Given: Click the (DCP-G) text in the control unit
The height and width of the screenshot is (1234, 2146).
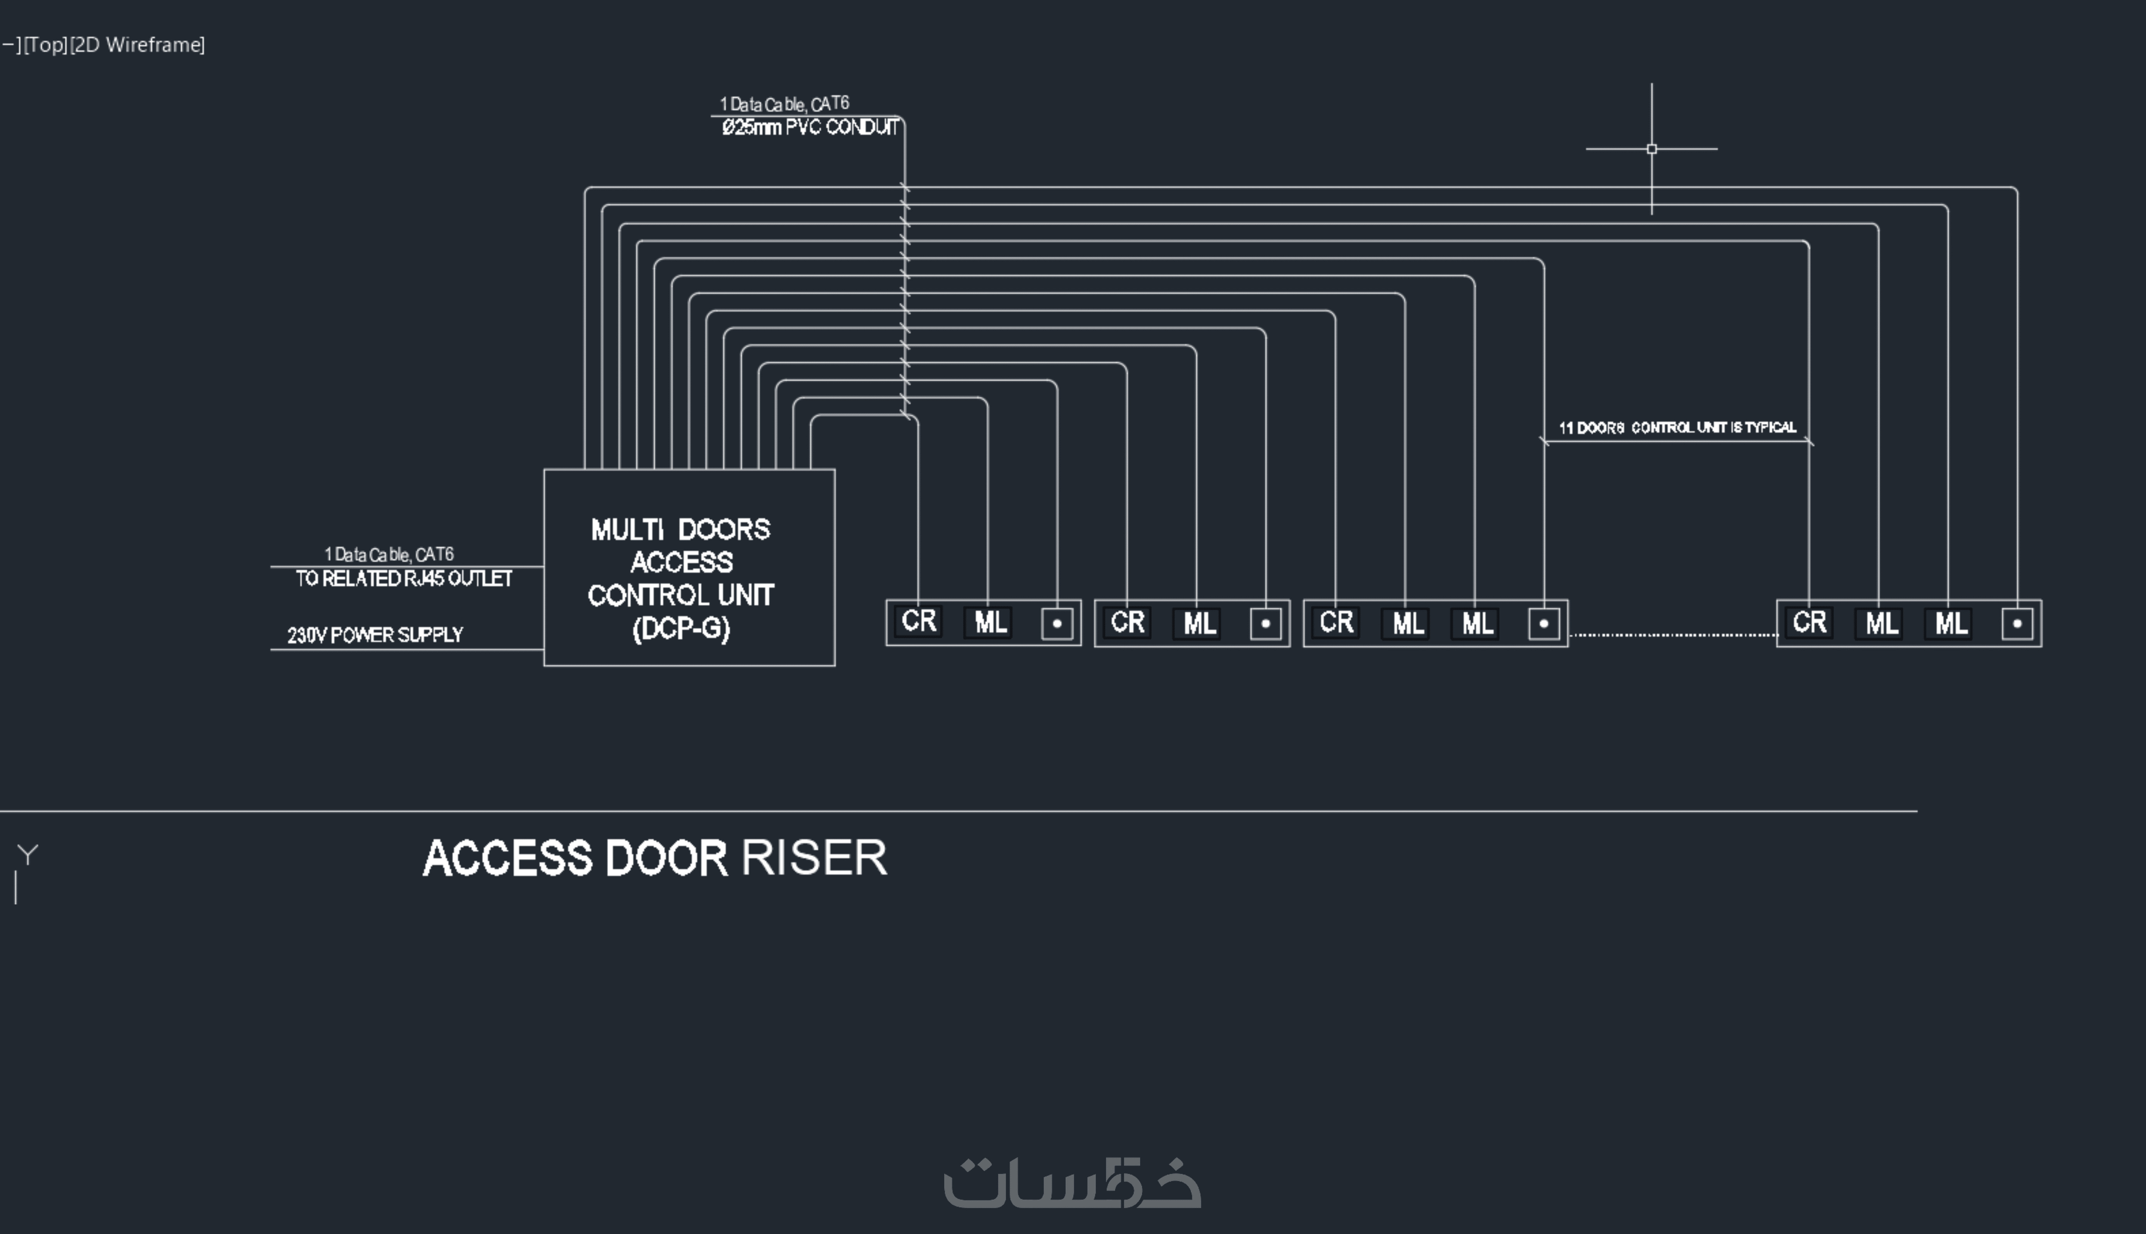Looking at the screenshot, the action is coord(681,628).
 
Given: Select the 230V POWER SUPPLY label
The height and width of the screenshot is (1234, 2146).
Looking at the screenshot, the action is coord(375,635).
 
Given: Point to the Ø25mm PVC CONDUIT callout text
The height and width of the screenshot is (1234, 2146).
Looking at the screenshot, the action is coord(810,127).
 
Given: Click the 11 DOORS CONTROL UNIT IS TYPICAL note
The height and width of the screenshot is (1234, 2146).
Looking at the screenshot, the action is coord(1677,427).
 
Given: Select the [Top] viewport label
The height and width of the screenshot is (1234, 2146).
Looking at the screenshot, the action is coord(46,44).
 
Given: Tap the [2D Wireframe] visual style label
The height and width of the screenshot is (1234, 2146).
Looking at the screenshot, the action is coord(137,44).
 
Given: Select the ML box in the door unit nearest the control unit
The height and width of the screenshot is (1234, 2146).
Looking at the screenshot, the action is coord(990,623).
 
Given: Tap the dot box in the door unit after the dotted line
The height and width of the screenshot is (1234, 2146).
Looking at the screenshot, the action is coord(2017,624).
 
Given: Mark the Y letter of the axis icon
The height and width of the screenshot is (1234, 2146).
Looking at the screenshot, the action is coord(28,854).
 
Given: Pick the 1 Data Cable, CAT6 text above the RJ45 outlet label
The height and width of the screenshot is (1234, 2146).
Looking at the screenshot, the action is coord(389,554).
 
